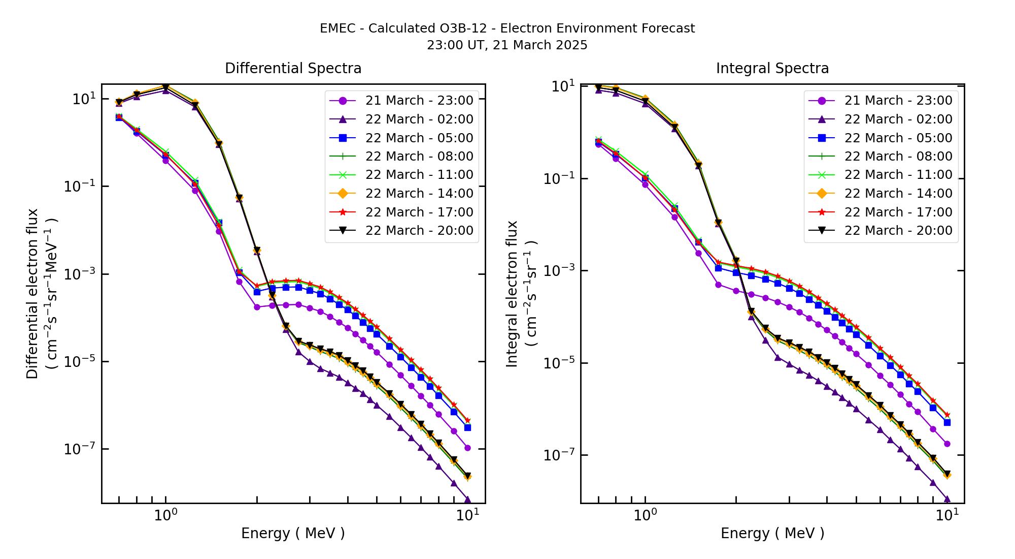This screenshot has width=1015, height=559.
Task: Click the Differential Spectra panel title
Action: tap(293, 68)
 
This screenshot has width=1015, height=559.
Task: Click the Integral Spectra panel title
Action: tap(772, 68)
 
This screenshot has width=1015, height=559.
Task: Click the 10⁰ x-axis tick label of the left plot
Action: tap(165, 515)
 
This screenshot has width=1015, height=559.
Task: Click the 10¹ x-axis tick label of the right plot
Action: tap(947, 515)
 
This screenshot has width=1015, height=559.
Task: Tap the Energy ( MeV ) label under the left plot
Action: tap(293, 533)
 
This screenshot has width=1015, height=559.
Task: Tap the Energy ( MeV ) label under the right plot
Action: tap(772, 533)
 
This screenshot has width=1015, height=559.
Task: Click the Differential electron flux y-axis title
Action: tap(32, 294)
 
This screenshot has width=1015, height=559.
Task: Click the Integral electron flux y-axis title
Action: tap(512, 294)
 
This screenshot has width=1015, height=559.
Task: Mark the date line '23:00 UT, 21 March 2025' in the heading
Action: tap(507, 45)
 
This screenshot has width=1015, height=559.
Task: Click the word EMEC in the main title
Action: tap(337, 28)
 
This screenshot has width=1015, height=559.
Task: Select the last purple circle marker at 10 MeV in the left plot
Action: tap(467, 448)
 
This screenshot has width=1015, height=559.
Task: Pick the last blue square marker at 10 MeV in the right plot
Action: tap(947, 422)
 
